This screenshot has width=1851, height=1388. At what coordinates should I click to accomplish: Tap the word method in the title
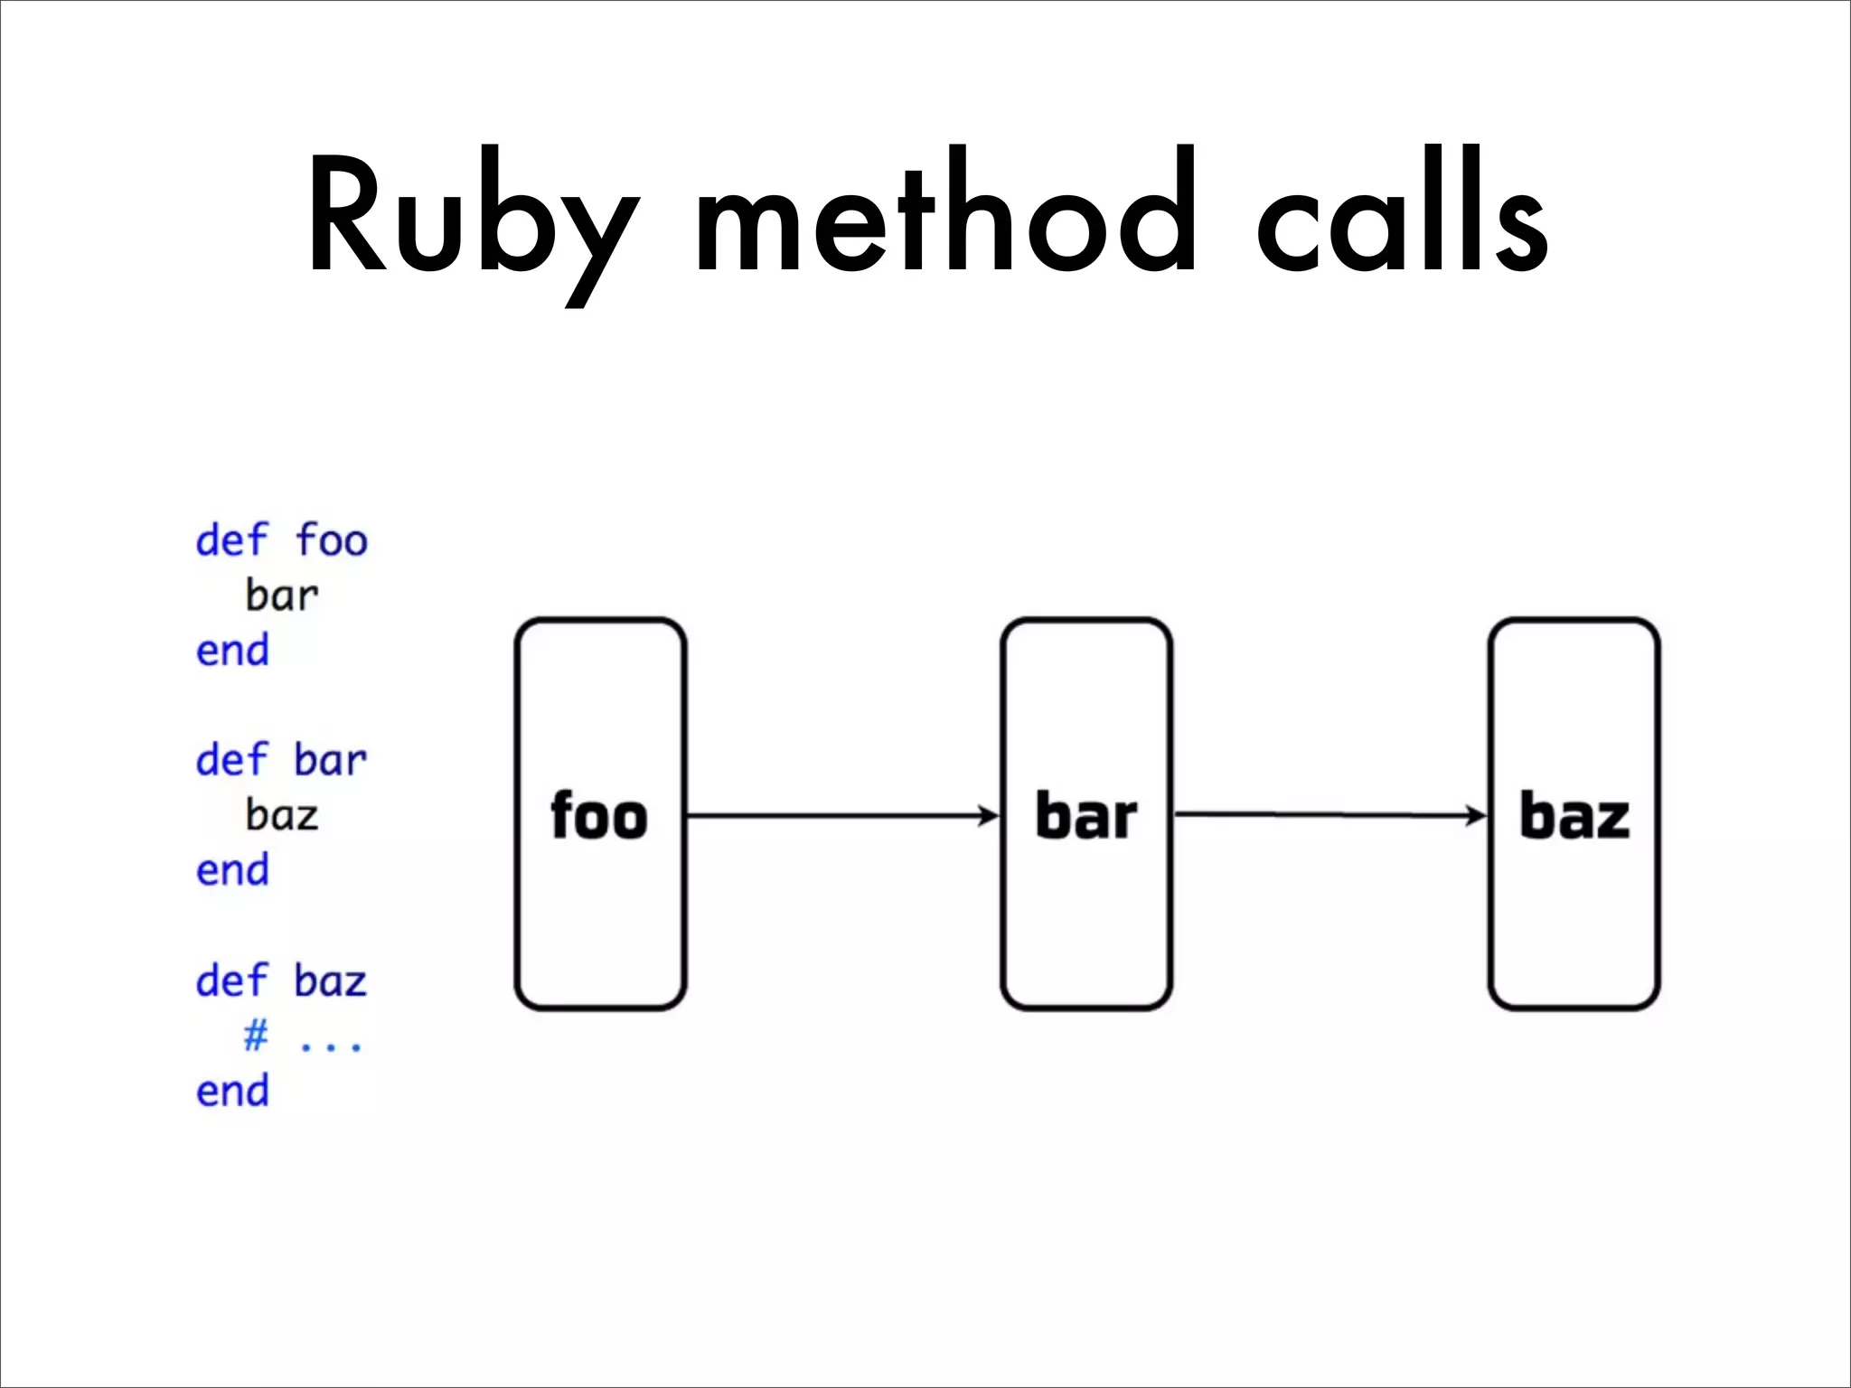pos(945,213)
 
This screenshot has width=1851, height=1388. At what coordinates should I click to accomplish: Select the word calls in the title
pos(1403,213)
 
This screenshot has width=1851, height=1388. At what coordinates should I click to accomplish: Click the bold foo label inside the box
pos(599,816)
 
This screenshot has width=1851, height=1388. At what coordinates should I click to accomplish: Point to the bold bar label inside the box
pos(1085,816)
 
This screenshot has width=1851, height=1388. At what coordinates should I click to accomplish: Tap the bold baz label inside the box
pos(1574,816)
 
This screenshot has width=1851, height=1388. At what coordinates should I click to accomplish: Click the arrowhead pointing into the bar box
pos(989,816)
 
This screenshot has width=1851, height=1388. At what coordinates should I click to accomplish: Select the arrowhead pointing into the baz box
pos(1477,816)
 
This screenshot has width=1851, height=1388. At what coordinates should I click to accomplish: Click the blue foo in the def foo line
pos(332,540)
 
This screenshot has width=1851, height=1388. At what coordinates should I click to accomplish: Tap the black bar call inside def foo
pos(282,596)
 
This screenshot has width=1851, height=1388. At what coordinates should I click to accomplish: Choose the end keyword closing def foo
pos(232,651)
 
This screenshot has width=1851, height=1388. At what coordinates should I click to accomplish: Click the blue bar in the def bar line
pos(331,760)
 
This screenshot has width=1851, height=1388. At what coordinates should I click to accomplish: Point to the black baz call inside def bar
pos(282,815)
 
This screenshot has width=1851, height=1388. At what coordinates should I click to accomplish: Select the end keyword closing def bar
pos(232,870)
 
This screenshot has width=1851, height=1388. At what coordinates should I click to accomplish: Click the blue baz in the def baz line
pos(331,980)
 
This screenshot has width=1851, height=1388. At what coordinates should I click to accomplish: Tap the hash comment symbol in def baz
pos(257,1035)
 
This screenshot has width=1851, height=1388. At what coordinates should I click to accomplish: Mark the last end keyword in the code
pos(232,1091)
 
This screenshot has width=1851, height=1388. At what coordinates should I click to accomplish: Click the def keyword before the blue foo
pos(232,540)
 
